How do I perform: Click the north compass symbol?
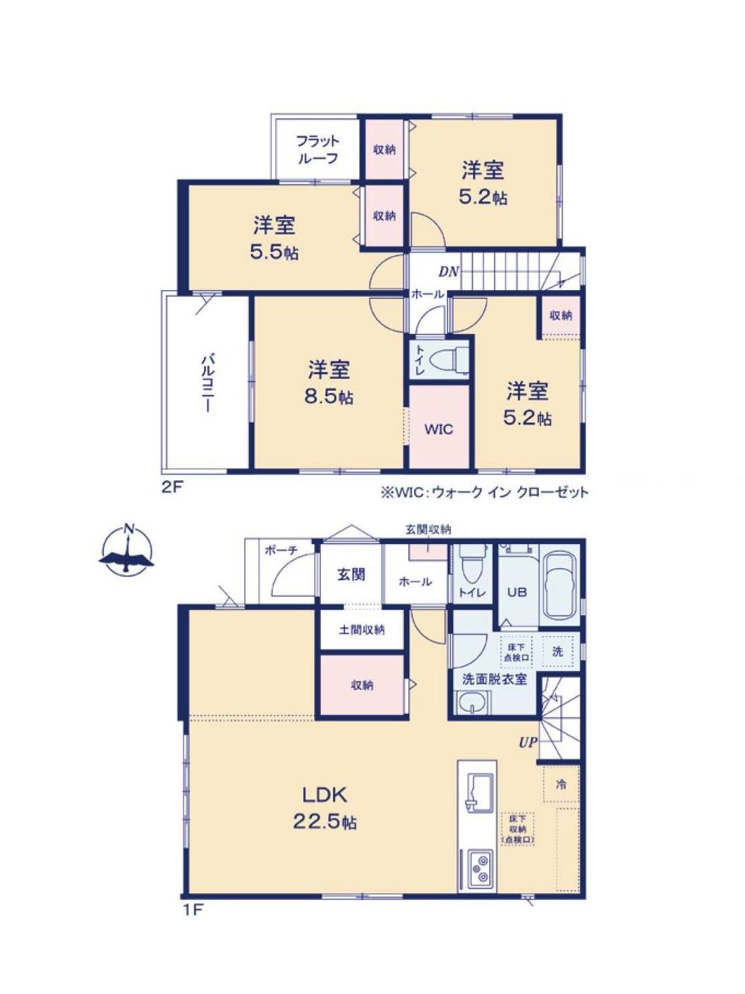click(x=128, y=549)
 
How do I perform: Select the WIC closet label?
click(x=438, y=429)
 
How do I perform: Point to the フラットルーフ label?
click(x=317, y=150)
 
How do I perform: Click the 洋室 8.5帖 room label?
click(x=329, y=383)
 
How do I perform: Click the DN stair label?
click(x=449, y=271)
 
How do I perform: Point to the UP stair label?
click(x=528, y=742)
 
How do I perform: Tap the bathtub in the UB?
click(x=560, y=584)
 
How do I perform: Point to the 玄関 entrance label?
click(x=352, y=575)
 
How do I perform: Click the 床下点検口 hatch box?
click(x=515, y=651)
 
